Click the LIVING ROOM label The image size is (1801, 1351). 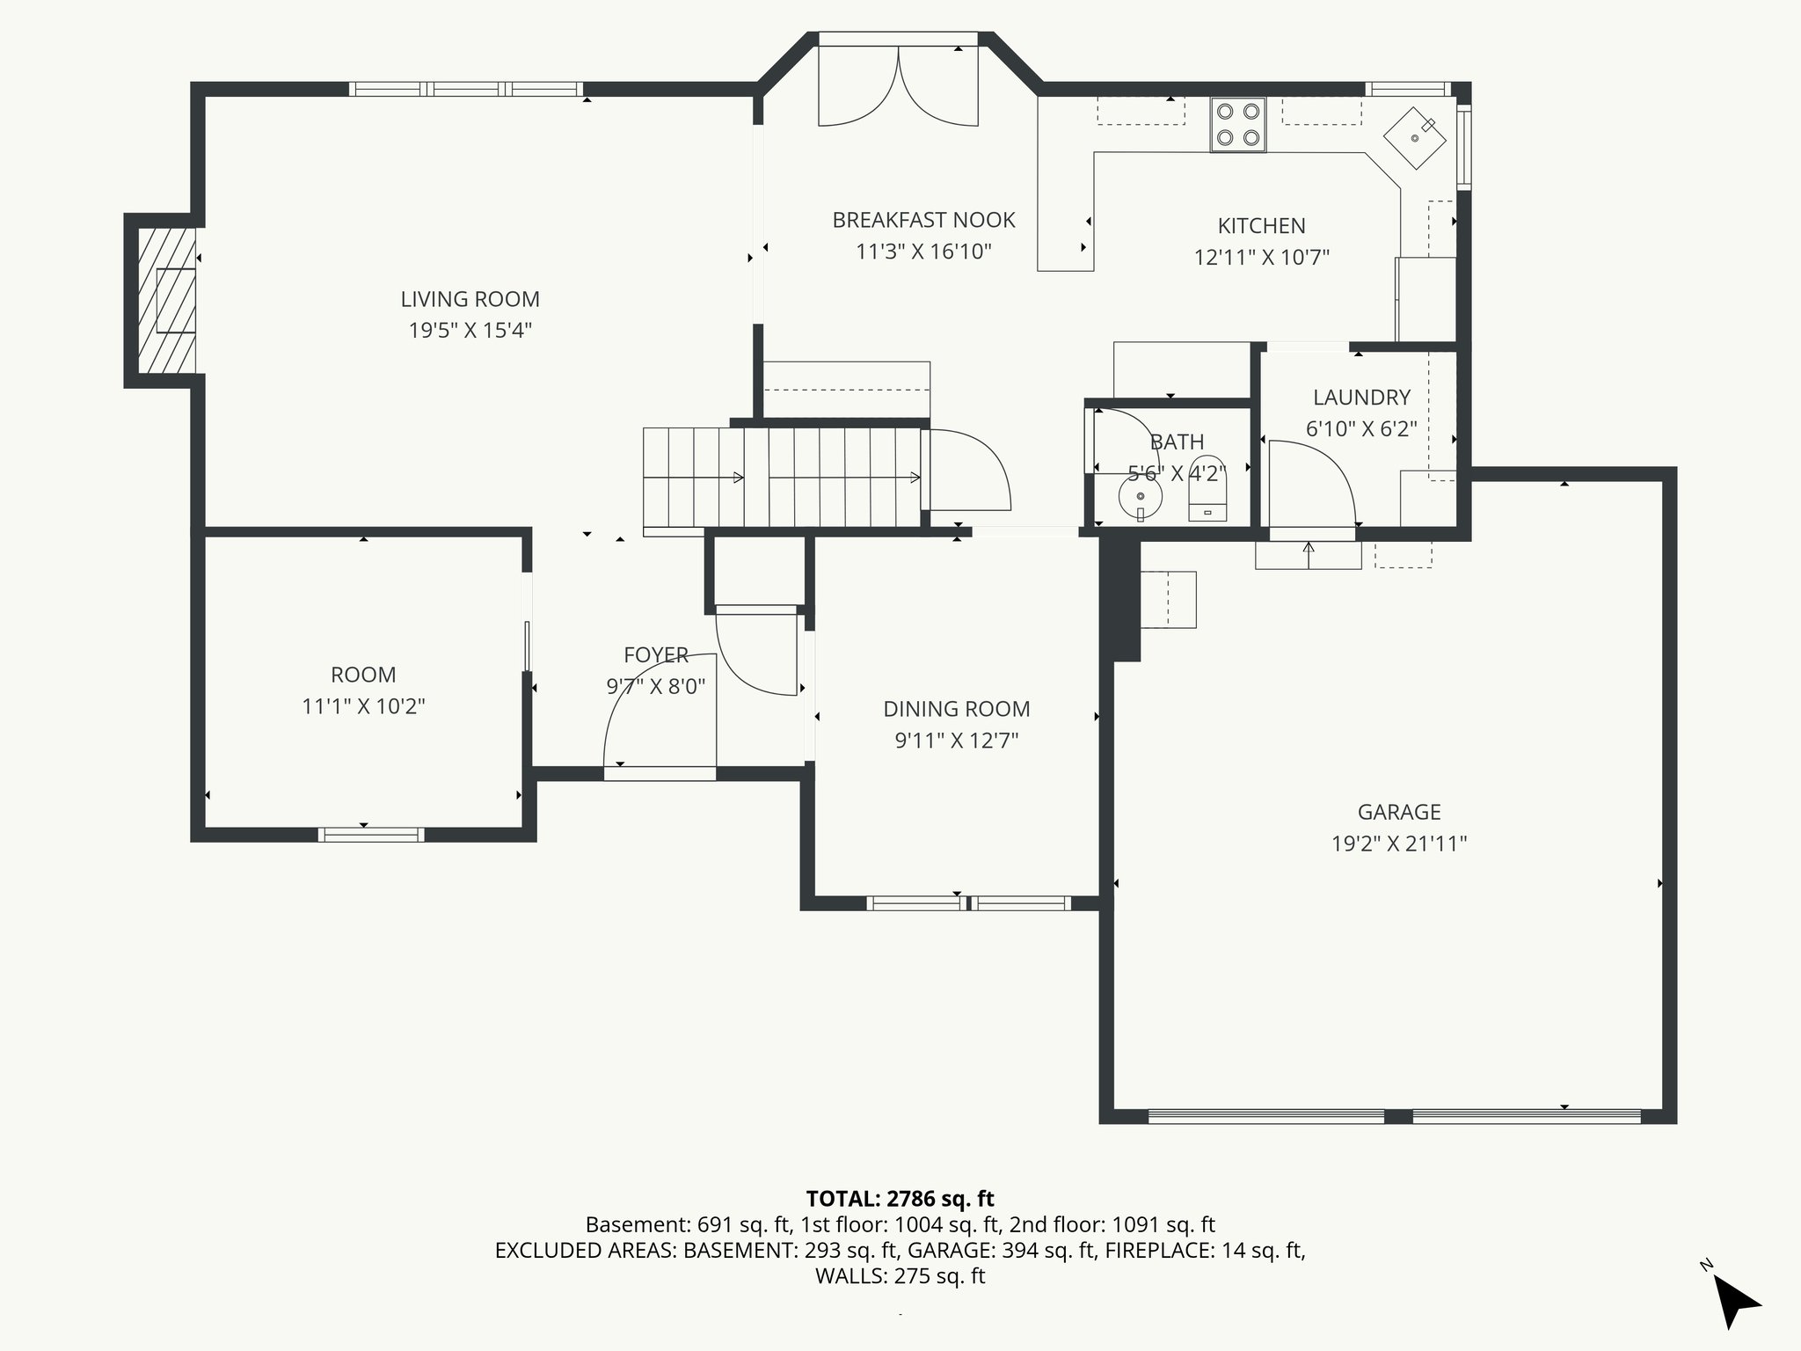(470, 299)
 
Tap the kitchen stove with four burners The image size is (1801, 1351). (1237, 124)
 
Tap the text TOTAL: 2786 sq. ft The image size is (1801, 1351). (900, 1198)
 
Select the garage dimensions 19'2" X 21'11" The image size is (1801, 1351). (1398, 843)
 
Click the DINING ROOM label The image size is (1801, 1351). (956, 709)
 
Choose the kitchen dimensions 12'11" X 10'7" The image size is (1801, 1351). (1261, 258)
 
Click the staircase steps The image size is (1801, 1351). (783, 478)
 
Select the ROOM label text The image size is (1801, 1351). (363, 675)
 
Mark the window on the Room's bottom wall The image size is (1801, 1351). (370, 835)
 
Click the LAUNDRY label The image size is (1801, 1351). (1361, 398)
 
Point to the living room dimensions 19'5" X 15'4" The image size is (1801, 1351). (470, 331)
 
